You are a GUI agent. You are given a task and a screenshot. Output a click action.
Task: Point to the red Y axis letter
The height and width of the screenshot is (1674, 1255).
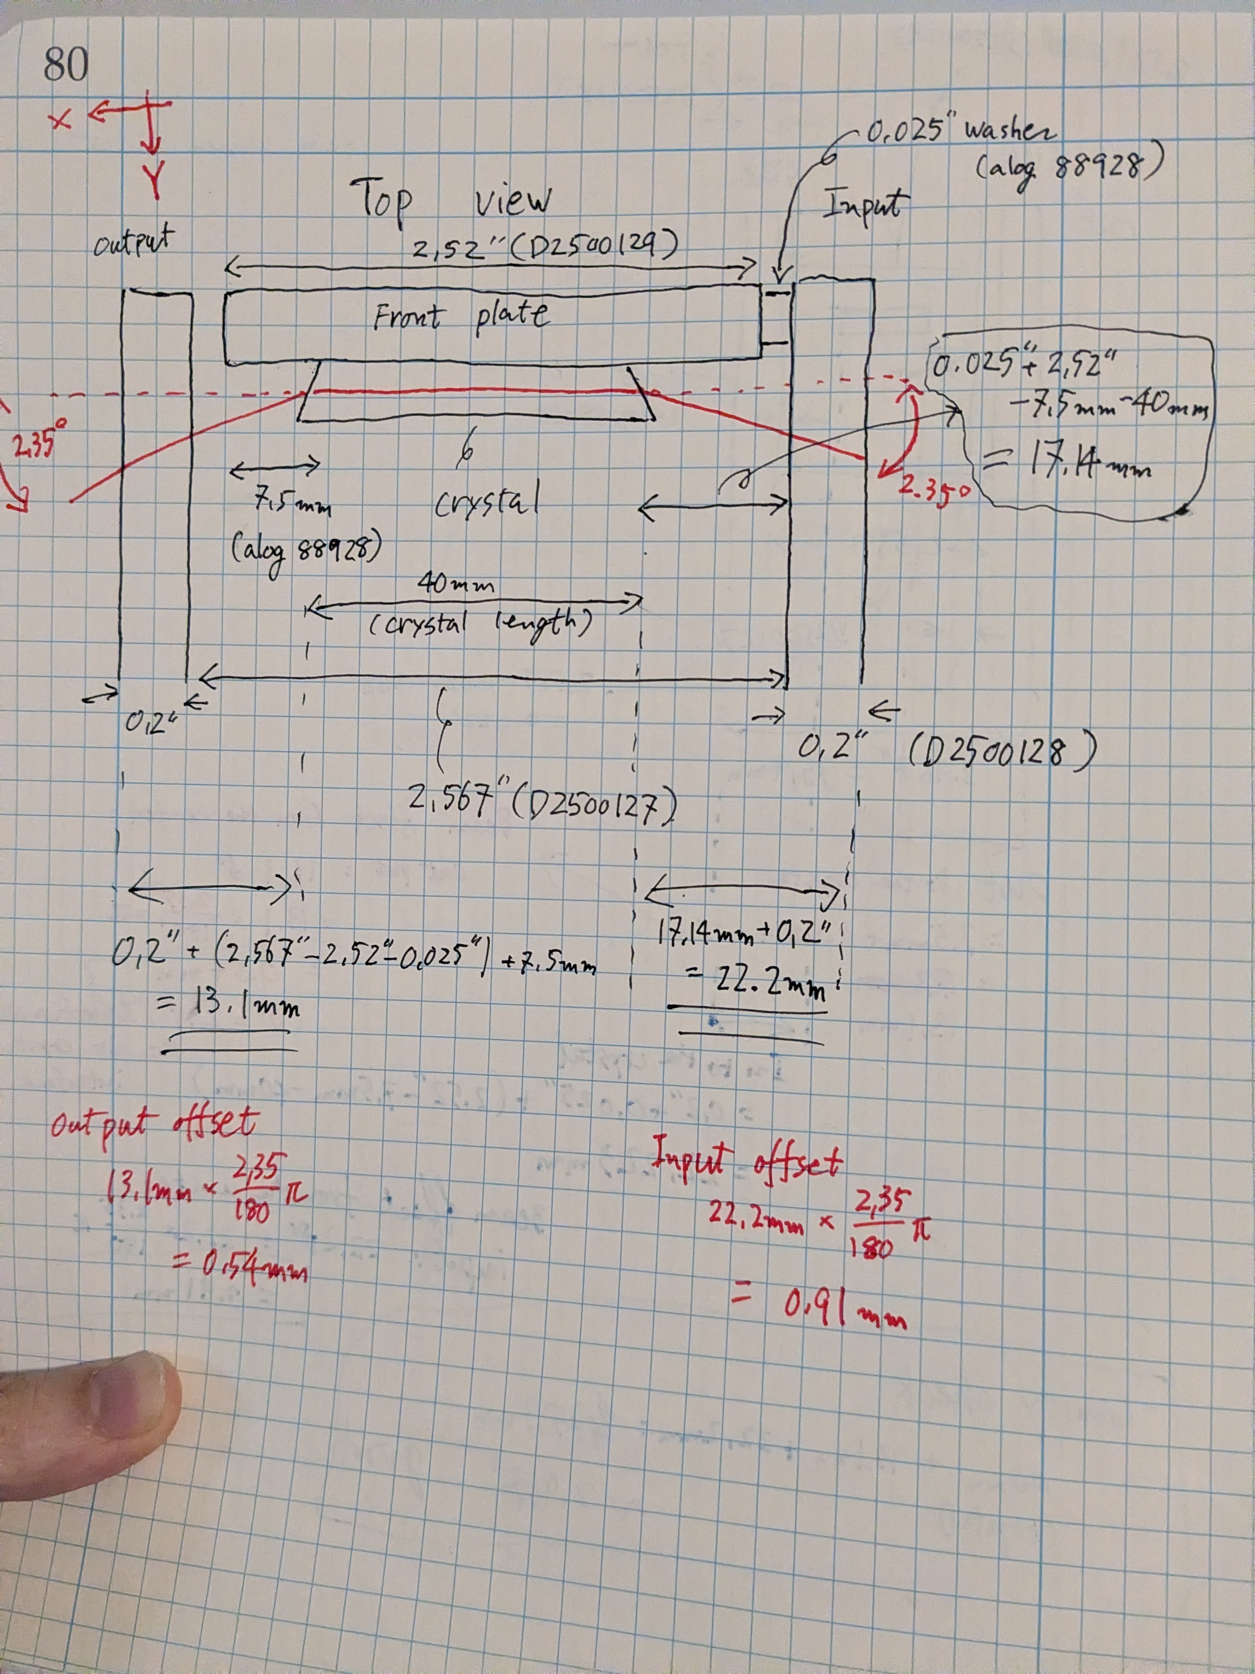(x=154, y=181)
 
